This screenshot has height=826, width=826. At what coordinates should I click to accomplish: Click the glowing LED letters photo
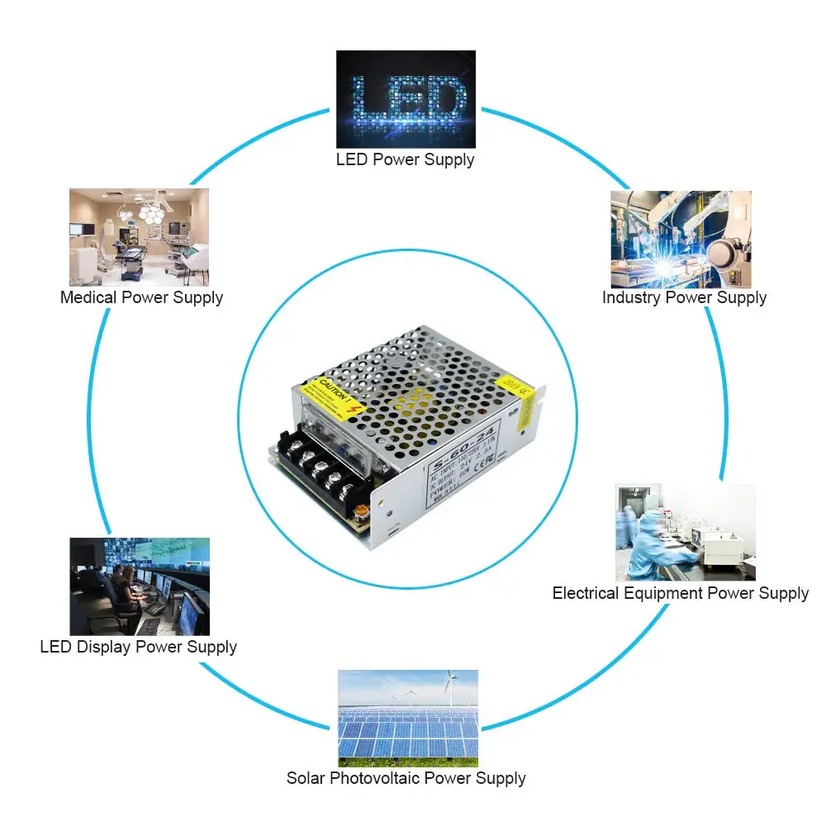coord(406,99)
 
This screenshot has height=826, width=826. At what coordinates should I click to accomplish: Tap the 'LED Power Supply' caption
coord(405,159)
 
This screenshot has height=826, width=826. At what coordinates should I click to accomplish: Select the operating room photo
coord(139,237)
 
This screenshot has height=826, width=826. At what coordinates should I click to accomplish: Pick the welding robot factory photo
coord(681,240)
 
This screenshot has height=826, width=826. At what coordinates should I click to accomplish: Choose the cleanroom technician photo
coord(685,532)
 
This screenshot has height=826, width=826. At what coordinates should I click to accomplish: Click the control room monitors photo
coord(139,586)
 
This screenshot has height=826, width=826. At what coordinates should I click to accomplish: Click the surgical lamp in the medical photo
coord(150,209)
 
